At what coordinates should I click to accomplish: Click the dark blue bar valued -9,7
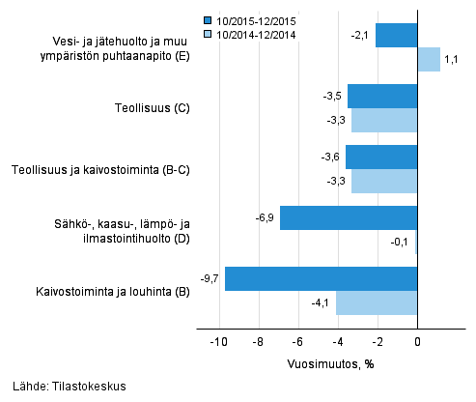[321, 278]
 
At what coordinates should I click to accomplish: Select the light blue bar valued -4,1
[377, 301]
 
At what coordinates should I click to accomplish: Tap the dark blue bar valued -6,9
[349, 217]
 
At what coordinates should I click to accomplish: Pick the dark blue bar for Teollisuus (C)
[382, 97]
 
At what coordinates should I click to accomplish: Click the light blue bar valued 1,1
[429, 60]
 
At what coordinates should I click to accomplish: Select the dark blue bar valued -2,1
[397, 36]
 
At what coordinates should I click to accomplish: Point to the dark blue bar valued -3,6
[381, 157]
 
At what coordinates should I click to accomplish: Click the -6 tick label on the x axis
[298, 342]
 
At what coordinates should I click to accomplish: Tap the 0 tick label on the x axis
[418, 342]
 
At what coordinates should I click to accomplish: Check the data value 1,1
[452, 60]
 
